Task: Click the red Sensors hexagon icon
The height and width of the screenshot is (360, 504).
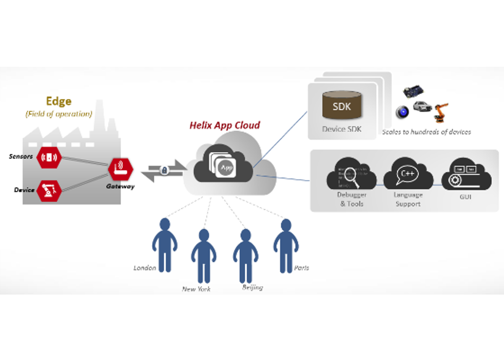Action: click(49, 158)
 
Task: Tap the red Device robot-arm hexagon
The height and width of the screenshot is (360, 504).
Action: click(49, 190)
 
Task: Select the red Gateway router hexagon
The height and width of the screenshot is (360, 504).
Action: click(121, 169)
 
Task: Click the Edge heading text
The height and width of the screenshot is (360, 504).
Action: click(58, 101)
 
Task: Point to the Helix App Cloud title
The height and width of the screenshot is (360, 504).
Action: click(224, 125)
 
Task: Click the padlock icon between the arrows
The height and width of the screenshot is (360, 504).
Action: click(164, 170)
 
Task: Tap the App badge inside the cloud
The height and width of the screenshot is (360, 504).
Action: click(226, 168)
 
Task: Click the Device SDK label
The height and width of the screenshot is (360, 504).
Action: click(341, 129)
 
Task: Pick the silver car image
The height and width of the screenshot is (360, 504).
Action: click(422, 106)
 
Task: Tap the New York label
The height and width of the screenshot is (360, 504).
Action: click(196, 289)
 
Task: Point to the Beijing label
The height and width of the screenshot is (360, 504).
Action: click(252, 287)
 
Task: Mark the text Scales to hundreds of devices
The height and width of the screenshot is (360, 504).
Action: click(426, 132)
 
